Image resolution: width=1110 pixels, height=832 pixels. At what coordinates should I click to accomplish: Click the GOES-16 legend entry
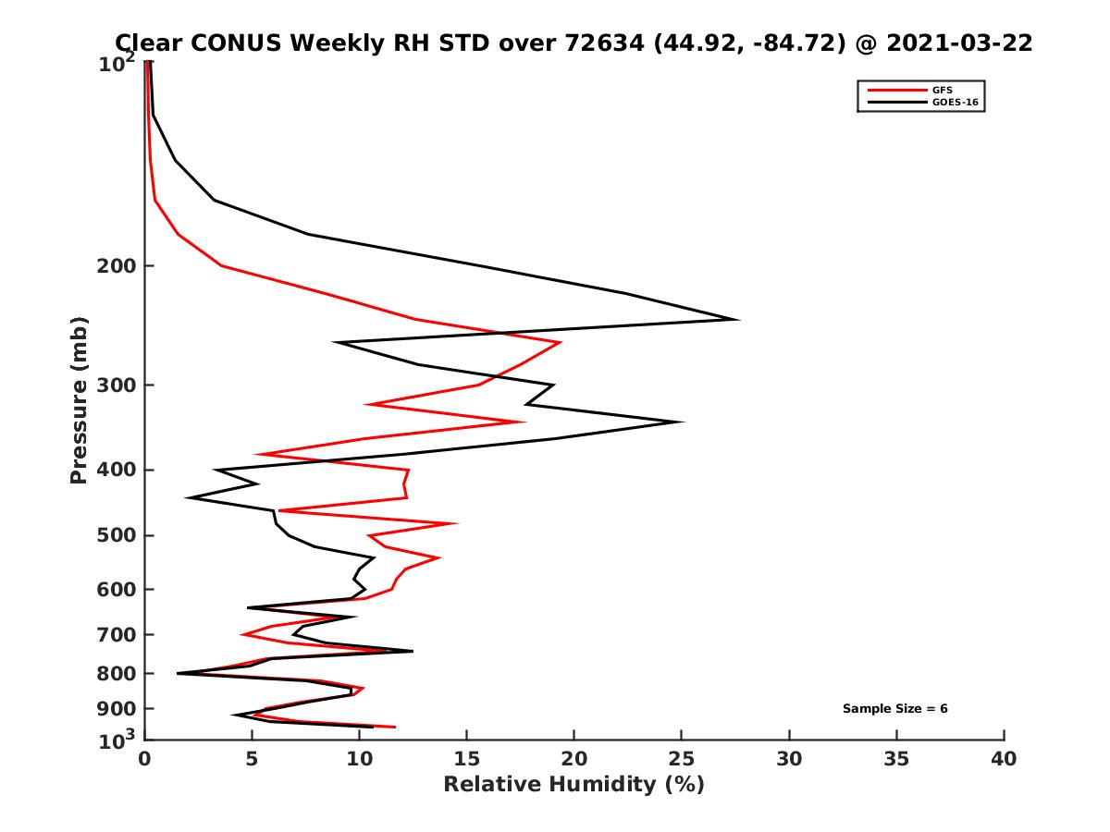click(952, 103)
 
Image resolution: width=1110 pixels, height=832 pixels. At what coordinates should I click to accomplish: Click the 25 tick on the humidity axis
click(682, 760)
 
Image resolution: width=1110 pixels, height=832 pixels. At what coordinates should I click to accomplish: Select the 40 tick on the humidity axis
click(1004, 760)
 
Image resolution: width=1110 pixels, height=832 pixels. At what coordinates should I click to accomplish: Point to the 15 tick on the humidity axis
click(467, 760)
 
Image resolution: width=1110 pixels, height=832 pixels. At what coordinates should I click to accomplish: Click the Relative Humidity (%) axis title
click(573, 785)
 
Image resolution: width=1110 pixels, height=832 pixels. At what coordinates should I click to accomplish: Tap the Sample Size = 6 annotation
click(894, 709)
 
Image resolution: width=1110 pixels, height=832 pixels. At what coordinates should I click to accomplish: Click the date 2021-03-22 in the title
click(957, 43)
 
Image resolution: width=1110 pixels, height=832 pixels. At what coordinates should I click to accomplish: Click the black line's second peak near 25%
click(683, 422)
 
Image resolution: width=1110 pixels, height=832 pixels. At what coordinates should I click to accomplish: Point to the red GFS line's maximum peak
click(561, 343)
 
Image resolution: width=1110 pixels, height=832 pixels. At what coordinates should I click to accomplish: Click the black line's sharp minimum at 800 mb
click(178, 673)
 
